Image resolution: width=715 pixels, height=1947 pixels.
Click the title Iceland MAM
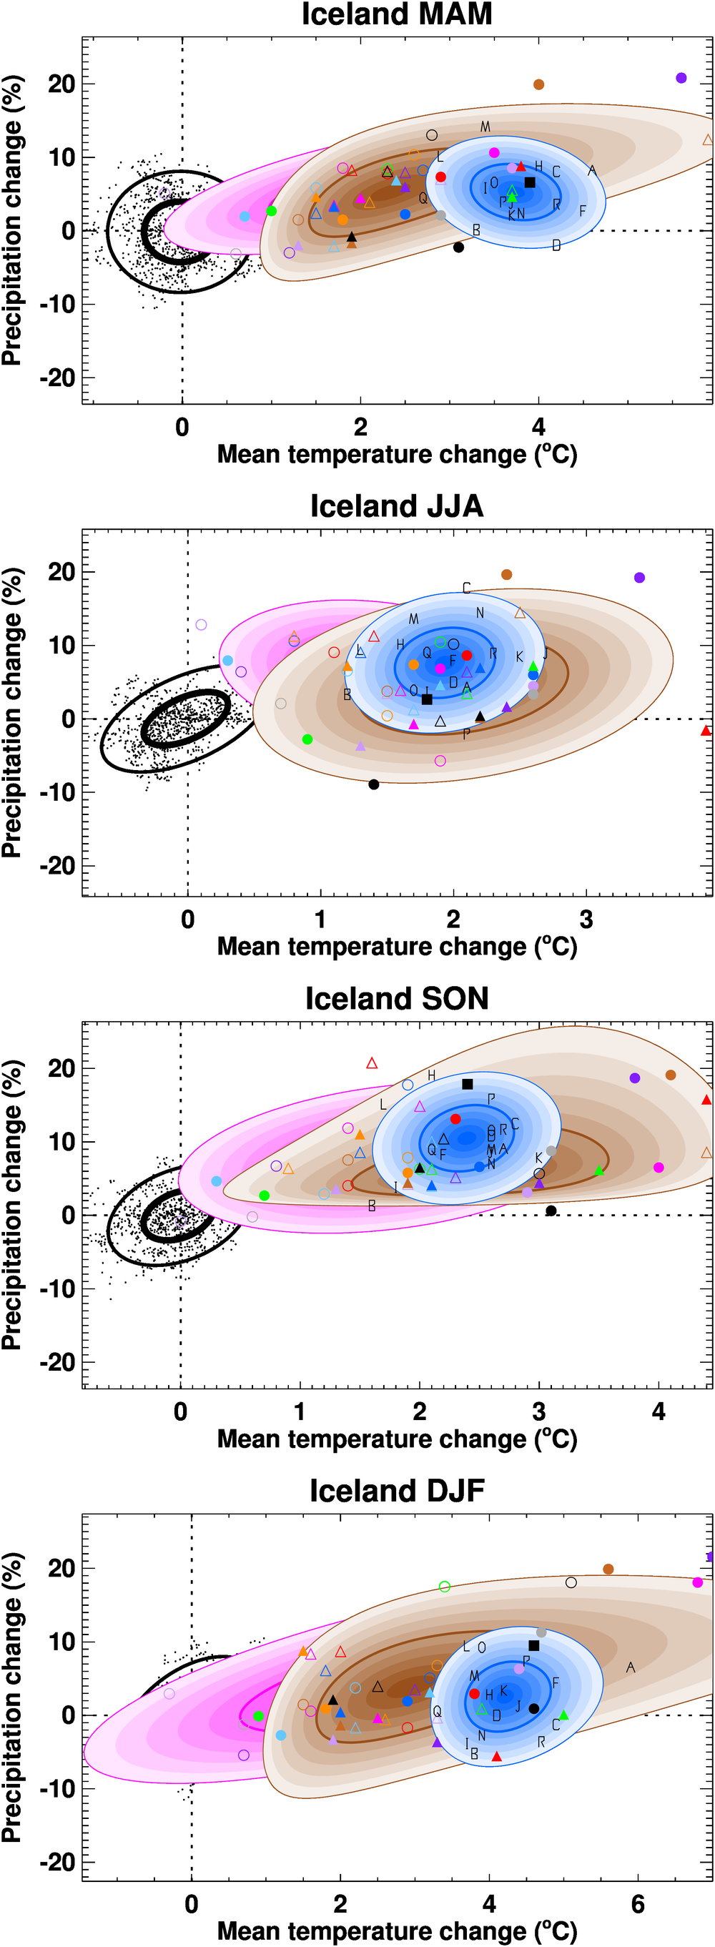click(x=397, y=14)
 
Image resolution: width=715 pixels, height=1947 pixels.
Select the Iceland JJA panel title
click(x=397, y=506)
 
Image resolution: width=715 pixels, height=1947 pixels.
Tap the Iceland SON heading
click(x=397, y=997)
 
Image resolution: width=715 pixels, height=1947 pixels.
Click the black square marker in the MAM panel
click(x=530, y=182)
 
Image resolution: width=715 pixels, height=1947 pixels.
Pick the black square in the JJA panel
click(x=427, y=699)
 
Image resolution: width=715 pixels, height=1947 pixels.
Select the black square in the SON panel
click(x=467, y=1084)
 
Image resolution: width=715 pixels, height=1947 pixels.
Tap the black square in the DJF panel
click(x=533, y=1645)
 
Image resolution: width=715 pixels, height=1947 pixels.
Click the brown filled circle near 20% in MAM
click(x=539, y=84)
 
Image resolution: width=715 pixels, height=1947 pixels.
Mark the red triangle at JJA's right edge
click(x=706, y=731)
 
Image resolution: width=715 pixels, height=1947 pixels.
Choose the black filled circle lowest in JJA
click(x=373, y=784)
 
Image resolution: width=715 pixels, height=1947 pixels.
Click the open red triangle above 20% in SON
click(x=372, y=1063)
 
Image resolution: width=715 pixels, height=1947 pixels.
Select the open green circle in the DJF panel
click(x=445, y=1587)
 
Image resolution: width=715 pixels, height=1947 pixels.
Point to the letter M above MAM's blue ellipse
click(x=485, y=127)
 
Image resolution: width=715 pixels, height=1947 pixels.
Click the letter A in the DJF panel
click(x=631, y=1667)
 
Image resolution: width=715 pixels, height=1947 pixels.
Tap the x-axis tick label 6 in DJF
click(x=638, y=1904)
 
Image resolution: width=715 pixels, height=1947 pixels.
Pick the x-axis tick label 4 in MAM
click(x=538, y=428)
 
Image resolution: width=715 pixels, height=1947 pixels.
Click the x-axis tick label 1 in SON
click(x=300, y=1412)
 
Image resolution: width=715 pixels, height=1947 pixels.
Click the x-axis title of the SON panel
click(x=397, y=1439)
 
